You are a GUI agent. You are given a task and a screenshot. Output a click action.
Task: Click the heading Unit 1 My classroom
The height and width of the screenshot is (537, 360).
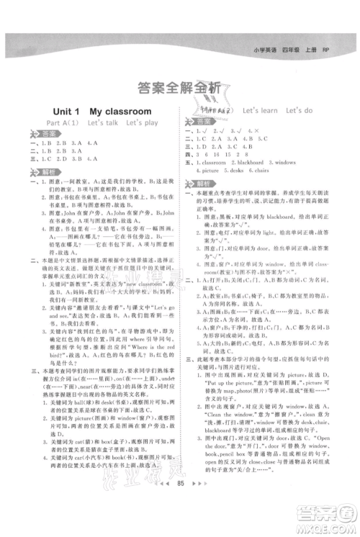point(102,112)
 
